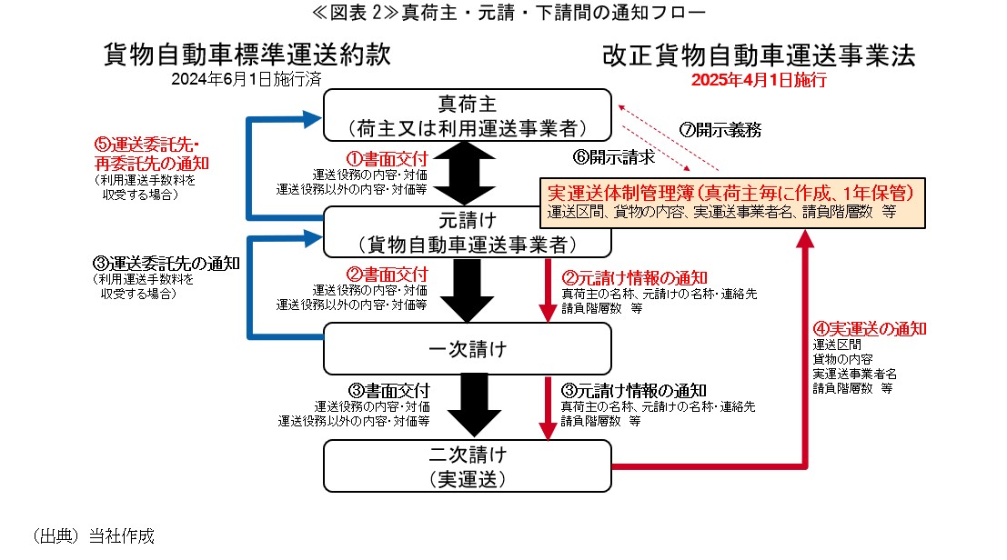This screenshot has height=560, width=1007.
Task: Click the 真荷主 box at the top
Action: point(468,114)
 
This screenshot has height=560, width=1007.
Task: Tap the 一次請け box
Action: point(468,348)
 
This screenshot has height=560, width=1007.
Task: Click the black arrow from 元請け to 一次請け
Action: point(468,289)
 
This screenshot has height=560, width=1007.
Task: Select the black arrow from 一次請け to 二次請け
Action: point(468,405)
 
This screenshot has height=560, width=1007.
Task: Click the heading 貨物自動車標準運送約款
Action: point(247,56)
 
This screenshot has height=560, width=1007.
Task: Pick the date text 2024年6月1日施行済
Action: point(247,79)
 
